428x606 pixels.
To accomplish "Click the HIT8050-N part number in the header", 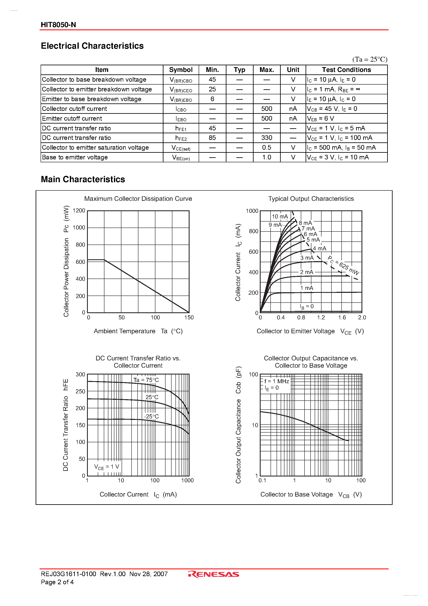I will (x=58, y=25).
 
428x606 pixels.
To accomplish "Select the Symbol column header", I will (x=181, y=70).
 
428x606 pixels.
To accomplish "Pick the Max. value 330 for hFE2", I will (x=266, y=138).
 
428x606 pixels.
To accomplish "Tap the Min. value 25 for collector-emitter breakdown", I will (x=212, y=89).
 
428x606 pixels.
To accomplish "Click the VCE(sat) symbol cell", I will (x=181, y=148).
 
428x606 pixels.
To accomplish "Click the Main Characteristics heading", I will (x=83, y=179).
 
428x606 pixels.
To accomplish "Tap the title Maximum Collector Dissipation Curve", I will (x=138, y=199).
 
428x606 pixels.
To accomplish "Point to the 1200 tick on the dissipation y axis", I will (x=79, y=210).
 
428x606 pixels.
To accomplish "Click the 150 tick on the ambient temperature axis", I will (x=189, y=318).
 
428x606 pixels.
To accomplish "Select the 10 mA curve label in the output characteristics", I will (x=280, y=216).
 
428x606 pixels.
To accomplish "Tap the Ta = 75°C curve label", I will (x=146, y=380).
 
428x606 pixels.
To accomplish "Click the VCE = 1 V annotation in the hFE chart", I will (x=107, y=467).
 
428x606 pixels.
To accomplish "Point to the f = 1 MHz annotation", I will (x=277, y=381).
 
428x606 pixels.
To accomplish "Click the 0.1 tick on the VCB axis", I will (x=262, y=480).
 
